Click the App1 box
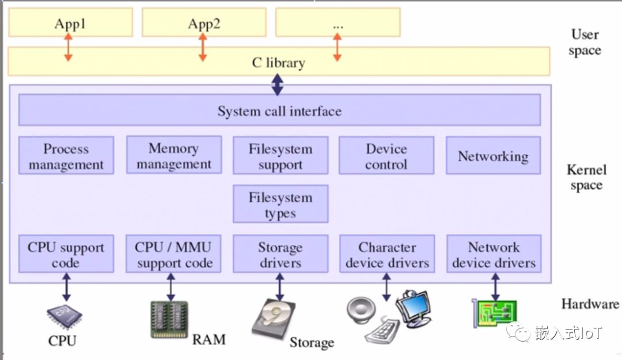70,22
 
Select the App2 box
204,22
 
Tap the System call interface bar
279,110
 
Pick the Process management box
66,156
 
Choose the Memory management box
173,156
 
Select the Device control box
386,156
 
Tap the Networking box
493,156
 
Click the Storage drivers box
280,254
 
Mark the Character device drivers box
387,254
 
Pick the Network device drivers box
494,254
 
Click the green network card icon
494,313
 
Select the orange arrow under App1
69,47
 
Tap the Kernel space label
586,177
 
